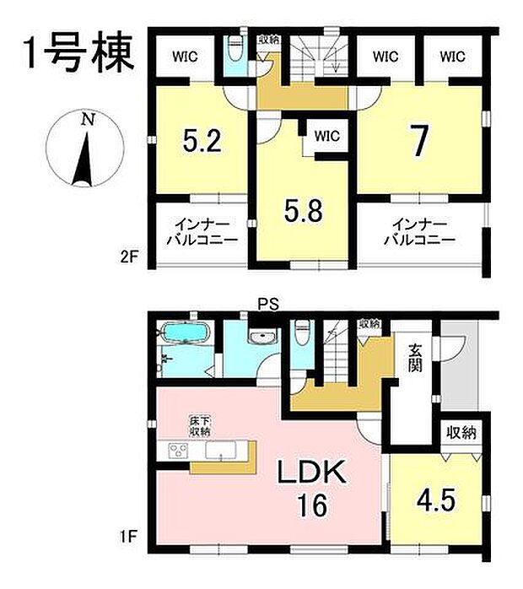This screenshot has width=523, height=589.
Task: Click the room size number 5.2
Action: coord(202,140)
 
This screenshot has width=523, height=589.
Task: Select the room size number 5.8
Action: coord(302,208)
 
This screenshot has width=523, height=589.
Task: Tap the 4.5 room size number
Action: coord(436,499)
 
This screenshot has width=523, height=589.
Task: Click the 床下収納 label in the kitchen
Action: coord(199,425)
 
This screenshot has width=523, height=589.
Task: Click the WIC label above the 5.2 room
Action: coord(187,57)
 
